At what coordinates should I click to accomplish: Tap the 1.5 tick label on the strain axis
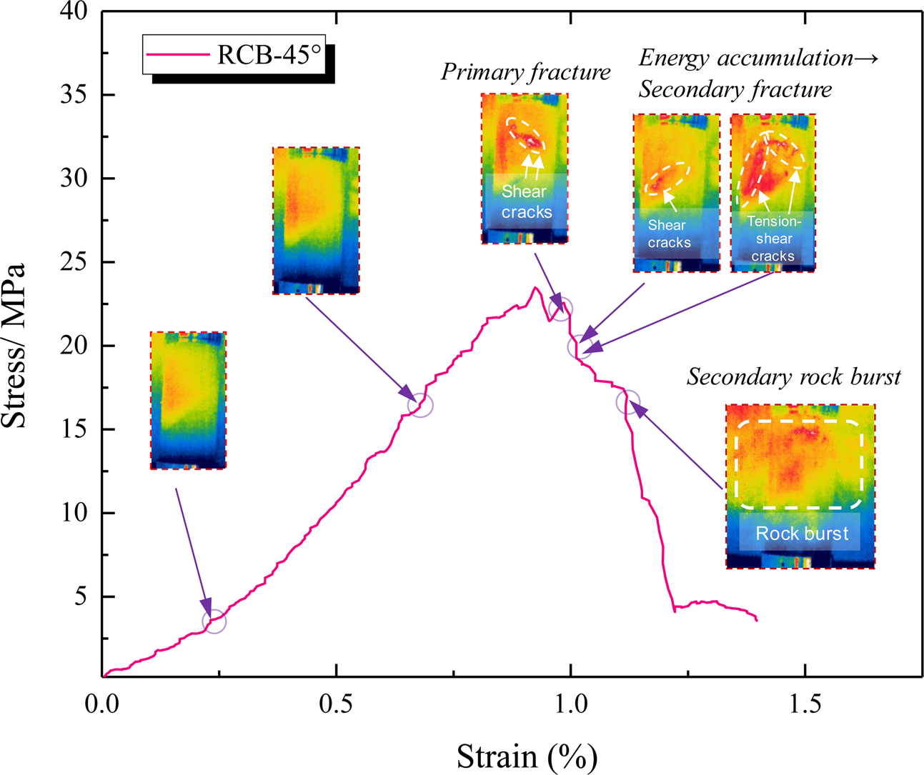tap(805, 704)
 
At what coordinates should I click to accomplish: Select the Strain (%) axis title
tap(527, 755)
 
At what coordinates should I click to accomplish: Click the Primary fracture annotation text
tap(525, 72)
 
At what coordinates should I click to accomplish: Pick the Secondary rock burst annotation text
tap(793, 377)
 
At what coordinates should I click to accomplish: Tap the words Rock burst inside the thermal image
tap(802, 534)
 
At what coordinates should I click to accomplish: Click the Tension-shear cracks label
tap(773, 239)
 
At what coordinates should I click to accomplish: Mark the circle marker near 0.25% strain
tap(214, 621)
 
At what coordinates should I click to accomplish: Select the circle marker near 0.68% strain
tap(420, 405)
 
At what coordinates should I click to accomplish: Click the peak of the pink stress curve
tap(535, 288)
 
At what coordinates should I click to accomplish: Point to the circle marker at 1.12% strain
tap(627, 402)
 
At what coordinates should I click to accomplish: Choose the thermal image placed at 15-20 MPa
tap(188, 400)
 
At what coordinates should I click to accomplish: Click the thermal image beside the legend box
tap(316, 220)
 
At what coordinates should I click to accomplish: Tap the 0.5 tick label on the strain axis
tap(336, 704)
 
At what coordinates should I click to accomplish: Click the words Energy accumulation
tap(745, 58)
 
